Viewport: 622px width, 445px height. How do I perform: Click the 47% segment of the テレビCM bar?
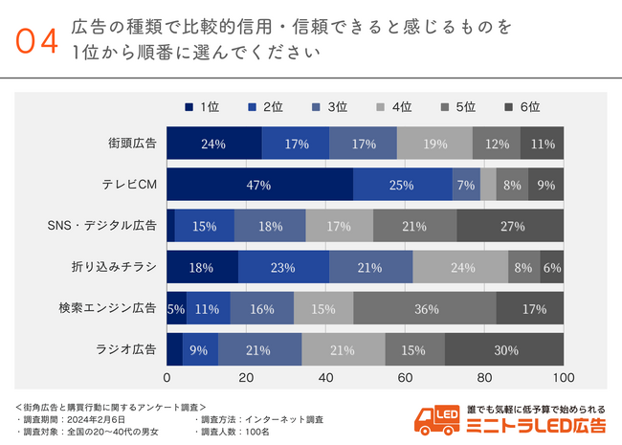259,185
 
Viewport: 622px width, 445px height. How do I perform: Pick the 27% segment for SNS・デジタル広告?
510,226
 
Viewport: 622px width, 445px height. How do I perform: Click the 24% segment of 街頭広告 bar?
213,144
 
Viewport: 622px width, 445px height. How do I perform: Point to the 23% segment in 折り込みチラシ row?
283,267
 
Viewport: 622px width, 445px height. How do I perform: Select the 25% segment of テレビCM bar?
402,185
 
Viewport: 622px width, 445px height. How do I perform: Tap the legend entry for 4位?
393,107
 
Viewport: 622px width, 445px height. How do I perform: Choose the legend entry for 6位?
522,107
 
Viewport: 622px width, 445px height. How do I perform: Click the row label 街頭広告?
133,144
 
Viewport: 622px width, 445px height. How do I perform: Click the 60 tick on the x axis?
405,376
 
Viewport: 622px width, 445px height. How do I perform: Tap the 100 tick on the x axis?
564,376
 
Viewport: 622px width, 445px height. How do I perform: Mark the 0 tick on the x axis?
167,376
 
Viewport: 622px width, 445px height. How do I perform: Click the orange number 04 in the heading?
37,41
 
